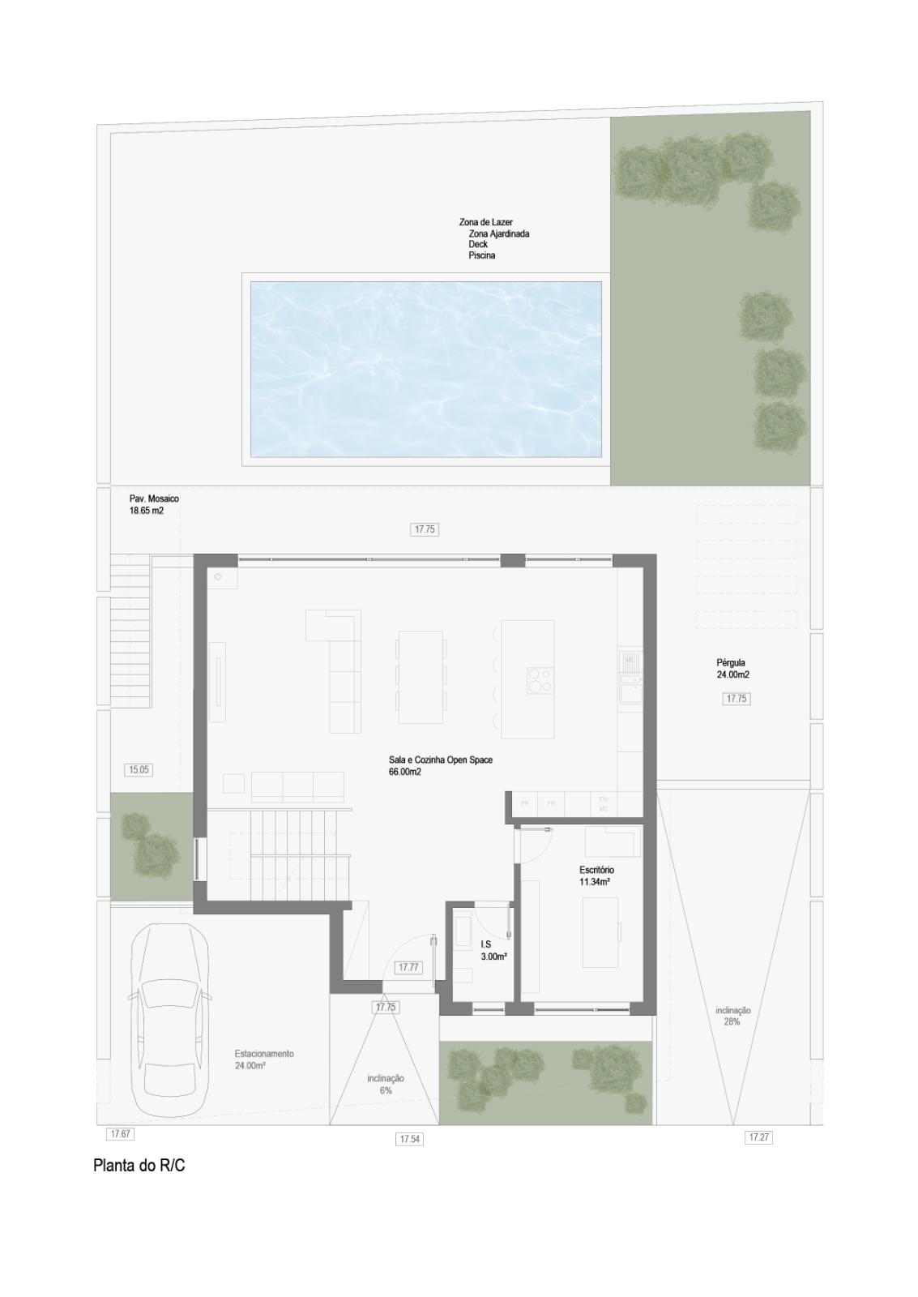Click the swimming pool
pos(425,369)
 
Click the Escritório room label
pos(596,875)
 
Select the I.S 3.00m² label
pos(493,950)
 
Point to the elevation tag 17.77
pos(408,967)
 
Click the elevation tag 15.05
pos(139,770)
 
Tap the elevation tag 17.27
pos(758,1137)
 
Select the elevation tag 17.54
pos(410,1139)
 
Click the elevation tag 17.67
pos(120,1133)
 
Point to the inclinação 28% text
pos(732,1017)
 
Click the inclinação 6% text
pos(385,1085)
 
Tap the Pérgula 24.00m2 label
pos(732,669)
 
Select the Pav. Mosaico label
pos(154,504)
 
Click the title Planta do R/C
pos(139,1166)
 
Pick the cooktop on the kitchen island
pos(540,679)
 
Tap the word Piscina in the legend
pos(481,255)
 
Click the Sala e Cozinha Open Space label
pos(440,765)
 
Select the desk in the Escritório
pos(600,932)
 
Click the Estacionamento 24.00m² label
pos(263,1059)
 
